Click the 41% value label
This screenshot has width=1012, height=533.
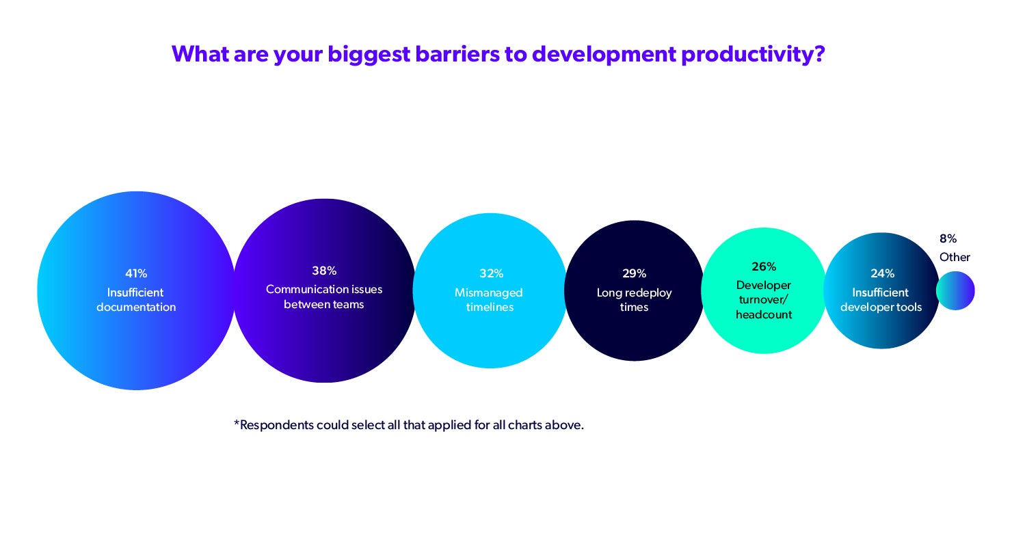tap(136, 273)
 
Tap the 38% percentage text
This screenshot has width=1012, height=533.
tap(324, 270)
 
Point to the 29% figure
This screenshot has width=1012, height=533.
tap(634, 273)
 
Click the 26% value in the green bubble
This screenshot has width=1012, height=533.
tap(764, 266)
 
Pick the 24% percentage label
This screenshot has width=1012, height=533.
tap(882, 273)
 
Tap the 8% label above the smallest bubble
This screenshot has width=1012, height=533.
tap(948, 238)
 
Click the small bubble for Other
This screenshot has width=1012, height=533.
tap(955, 291)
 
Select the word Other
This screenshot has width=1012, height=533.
tap(955, 258)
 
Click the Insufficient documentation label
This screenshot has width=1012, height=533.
tap(136, 300)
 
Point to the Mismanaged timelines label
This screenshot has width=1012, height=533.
tap(489, 300)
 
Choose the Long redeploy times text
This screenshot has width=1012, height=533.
tap(634, 300)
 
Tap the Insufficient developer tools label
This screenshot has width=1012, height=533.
tap(881, 300)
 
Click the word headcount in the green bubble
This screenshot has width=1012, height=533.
tap(764, 315)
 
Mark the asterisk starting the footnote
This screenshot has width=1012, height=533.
tap(237, 424)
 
